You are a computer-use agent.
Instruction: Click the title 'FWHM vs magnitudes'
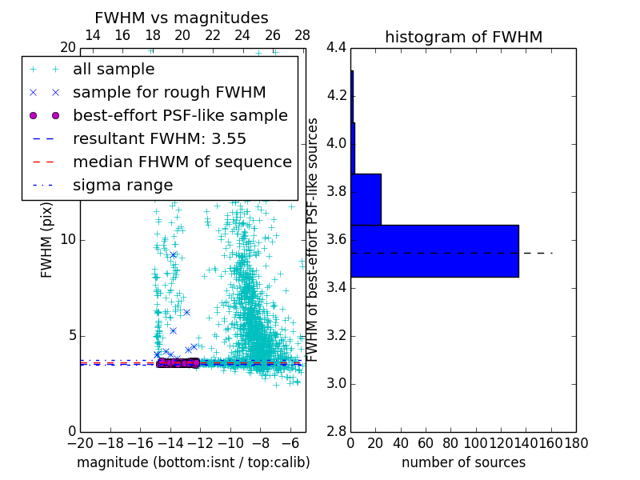(x=182, y=18)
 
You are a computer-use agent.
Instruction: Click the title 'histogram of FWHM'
(x=463, y=37)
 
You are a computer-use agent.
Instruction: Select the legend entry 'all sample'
(x=114, y=70)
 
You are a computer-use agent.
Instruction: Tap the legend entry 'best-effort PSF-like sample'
(x=180, y=116)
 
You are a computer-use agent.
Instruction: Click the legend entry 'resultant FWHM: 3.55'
(x=159, y=139)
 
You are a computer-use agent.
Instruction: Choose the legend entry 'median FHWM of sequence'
(x=182, y=162)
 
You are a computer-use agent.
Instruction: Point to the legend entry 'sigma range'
(x=122, y=186)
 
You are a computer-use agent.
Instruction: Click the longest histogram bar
(x=434, y=251)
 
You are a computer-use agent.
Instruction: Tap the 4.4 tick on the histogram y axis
(x=336, y=48)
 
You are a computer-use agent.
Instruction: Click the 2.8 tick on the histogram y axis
(x=336, y=432)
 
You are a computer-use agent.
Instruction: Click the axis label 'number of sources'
(x=463, y=462)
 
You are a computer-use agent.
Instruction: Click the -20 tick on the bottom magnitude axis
(x=80, y=442)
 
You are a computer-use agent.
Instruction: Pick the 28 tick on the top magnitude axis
(x=302, y=35)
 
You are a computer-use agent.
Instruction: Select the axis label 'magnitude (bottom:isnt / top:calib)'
(x=193, y=462)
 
